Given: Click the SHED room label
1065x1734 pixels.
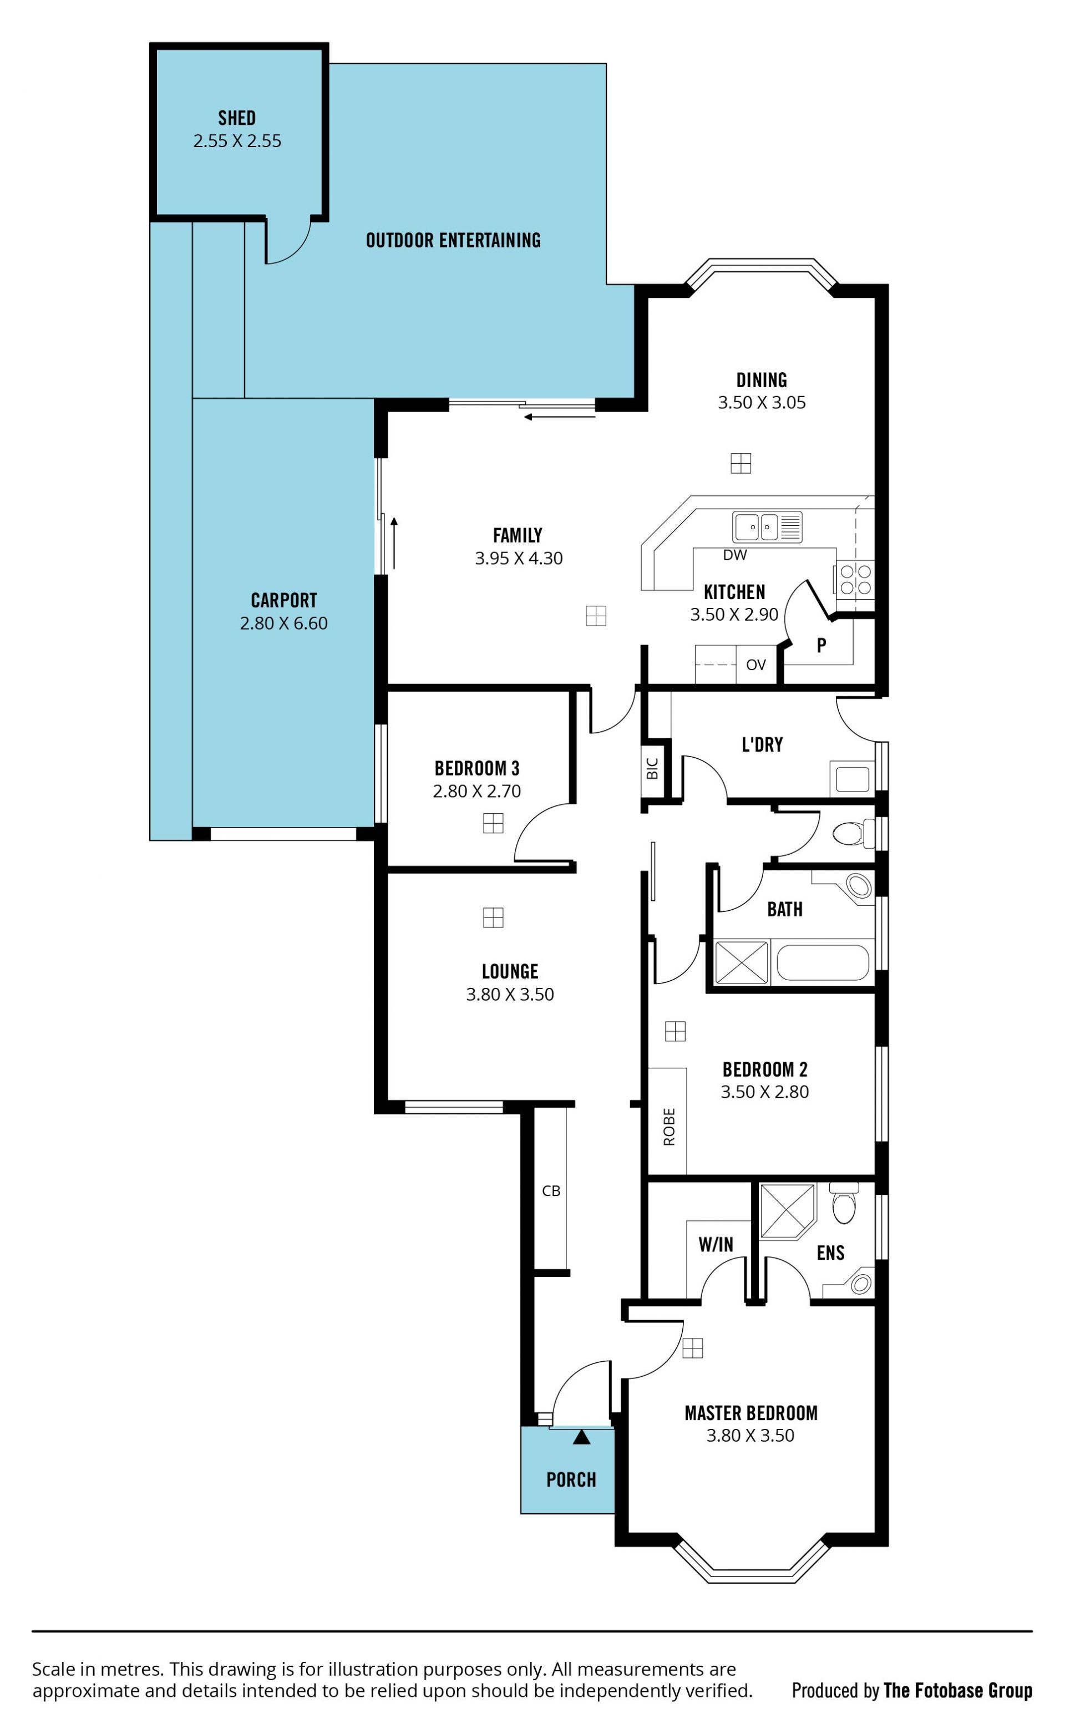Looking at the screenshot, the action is (237, 118).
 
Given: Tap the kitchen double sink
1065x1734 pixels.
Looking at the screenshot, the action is (767, 527).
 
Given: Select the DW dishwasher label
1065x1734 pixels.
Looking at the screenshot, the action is (734, 555).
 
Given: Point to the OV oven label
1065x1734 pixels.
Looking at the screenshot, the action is (756, 665).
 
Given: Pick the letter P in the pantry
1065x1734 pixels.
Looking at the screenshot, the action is (821, 645).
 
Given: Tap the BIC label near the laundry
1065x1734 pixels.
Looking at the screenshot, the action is (652, 768).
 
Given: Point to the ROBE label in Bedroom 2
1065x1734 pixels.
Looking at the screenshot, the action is (669, 1128).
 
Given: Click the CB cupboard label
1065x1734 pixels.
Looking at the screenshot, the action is (551, 1191).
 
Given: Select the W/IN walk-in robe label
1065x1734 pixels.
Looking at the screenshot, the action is (716, 1245).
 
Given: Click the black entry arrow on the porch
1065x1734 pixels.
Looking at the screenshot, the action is (581, 1437).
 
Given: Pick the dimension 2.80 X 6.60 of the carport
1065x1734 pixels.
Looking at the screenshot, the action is (284, 623).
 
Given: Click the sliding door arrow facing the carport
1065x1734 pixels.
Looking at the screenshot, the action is (394, 543).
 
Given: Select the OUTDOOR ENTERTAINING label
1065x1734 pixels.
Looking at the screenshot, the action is (454, 240).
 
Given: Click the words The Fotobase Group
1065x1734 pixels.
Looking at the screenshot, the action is (958, 1690).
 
